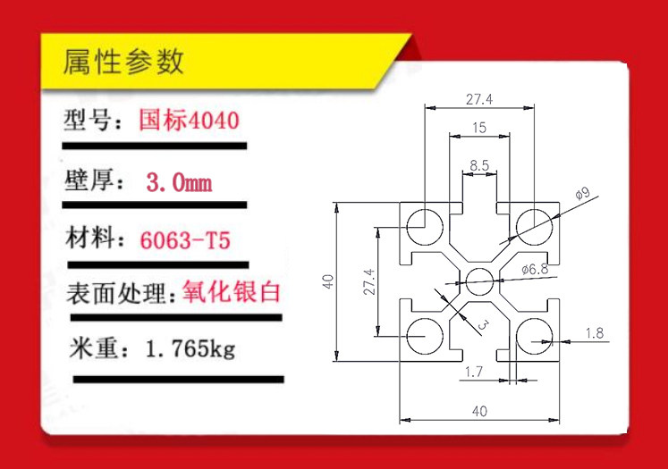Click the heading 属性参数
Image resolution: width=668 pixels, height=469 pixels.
(x=123, y=63)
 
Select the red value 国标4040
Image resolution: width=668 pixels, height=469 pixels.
(x=189, y=120)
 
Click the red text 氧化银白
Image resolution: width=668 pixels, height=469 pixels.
(x=232, y=292)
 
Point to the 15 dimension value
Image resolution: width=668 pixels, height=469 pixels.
(x=478, y=128)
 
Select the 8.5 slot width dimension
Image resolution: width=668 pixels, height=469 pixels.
(x=479, y=164)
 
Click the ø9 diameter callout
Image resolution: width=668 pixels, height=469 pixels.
(x=582, y=193)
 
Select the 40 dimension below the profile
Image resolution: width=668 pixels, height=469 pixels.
(x=478, y=412)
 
